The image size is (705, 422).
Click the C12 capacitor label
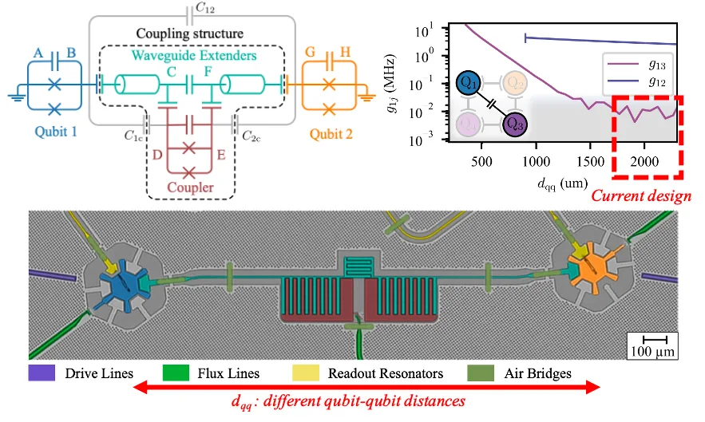point(205,8)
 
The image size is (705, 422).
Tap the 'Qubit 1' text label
point(56,132)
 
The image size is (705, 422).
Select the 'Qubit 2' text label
point(331,134)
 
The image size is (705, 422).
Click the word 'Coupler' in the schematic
point(190,187)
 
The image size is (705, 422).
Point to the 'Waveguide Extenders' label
point(194,55)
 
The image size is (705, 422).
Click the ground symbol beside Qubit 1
point(17,97)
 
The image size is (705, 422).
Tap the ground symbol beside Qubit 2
point(367,97)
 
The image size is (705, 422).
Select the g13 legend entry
point(636,65)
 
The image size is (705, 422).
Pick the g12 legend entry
point(636,81)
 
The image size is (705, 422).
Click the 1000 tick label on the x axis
point(536,161)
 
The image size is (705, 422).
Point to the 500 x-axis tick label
point(481,161)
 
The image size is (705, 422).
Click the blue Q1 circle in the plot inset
point(469,83)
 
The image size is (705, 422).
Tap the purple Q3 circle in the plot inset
point(515,124)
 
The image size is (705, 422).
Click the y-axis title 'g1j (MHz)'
point(390,84)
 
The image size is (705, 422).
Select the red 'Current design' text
point(641,195)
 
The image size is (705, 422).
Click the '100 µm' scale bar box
point(653,345)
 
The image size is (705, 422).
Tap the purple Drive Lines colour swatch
point(42,373)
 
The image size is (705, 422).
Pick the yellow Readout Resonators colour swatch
point(306,373)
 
